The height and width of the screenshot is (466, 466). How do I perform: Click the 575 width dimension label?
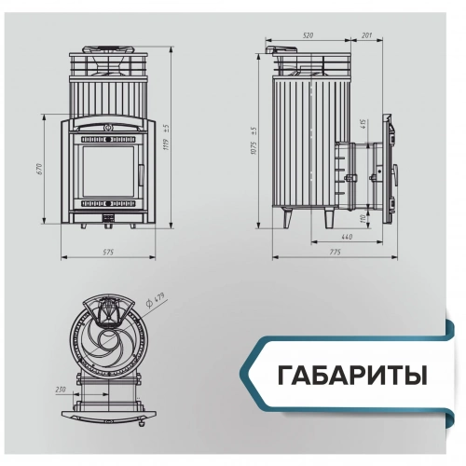(107, 252)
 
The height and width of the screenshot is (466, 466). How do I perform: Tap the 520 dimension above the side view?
(308, 35)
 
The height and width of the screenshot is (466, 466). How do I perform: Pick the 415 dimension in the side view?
(362, 126)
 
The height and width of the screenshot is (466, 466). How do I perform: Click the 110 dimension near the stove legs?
(362, 218)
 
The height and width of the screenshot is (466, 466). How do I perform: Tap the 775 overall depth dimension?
(335, 253)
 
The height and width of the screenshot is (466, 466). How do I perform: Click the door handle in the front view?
(140, 173)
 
